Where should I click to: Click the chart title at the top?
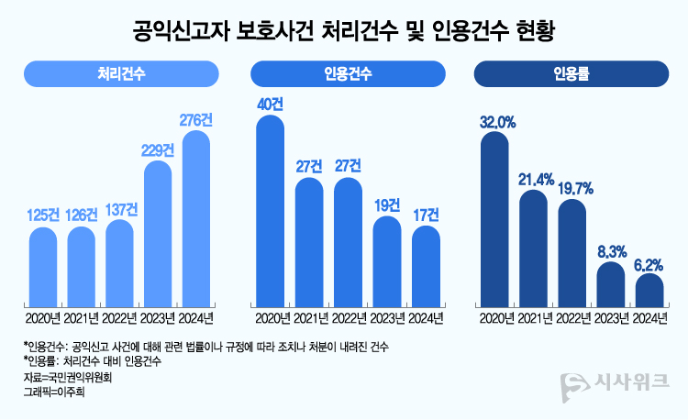[344, 30]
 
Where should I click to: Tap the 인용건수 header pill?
[347, 73]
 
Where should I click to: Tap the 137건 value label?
[120, 210]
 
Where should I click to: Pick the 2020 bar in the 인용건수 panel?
[270, 211]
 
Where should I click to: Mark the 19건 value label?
[386, 204]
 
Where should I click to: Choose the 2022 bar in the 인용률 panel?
[571, 252]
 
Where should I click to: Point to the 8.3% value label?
[611, 250]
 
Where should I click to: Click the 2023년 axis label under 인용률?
[611, 318]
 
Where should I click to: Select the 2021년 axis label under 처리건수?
[82, 318]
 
